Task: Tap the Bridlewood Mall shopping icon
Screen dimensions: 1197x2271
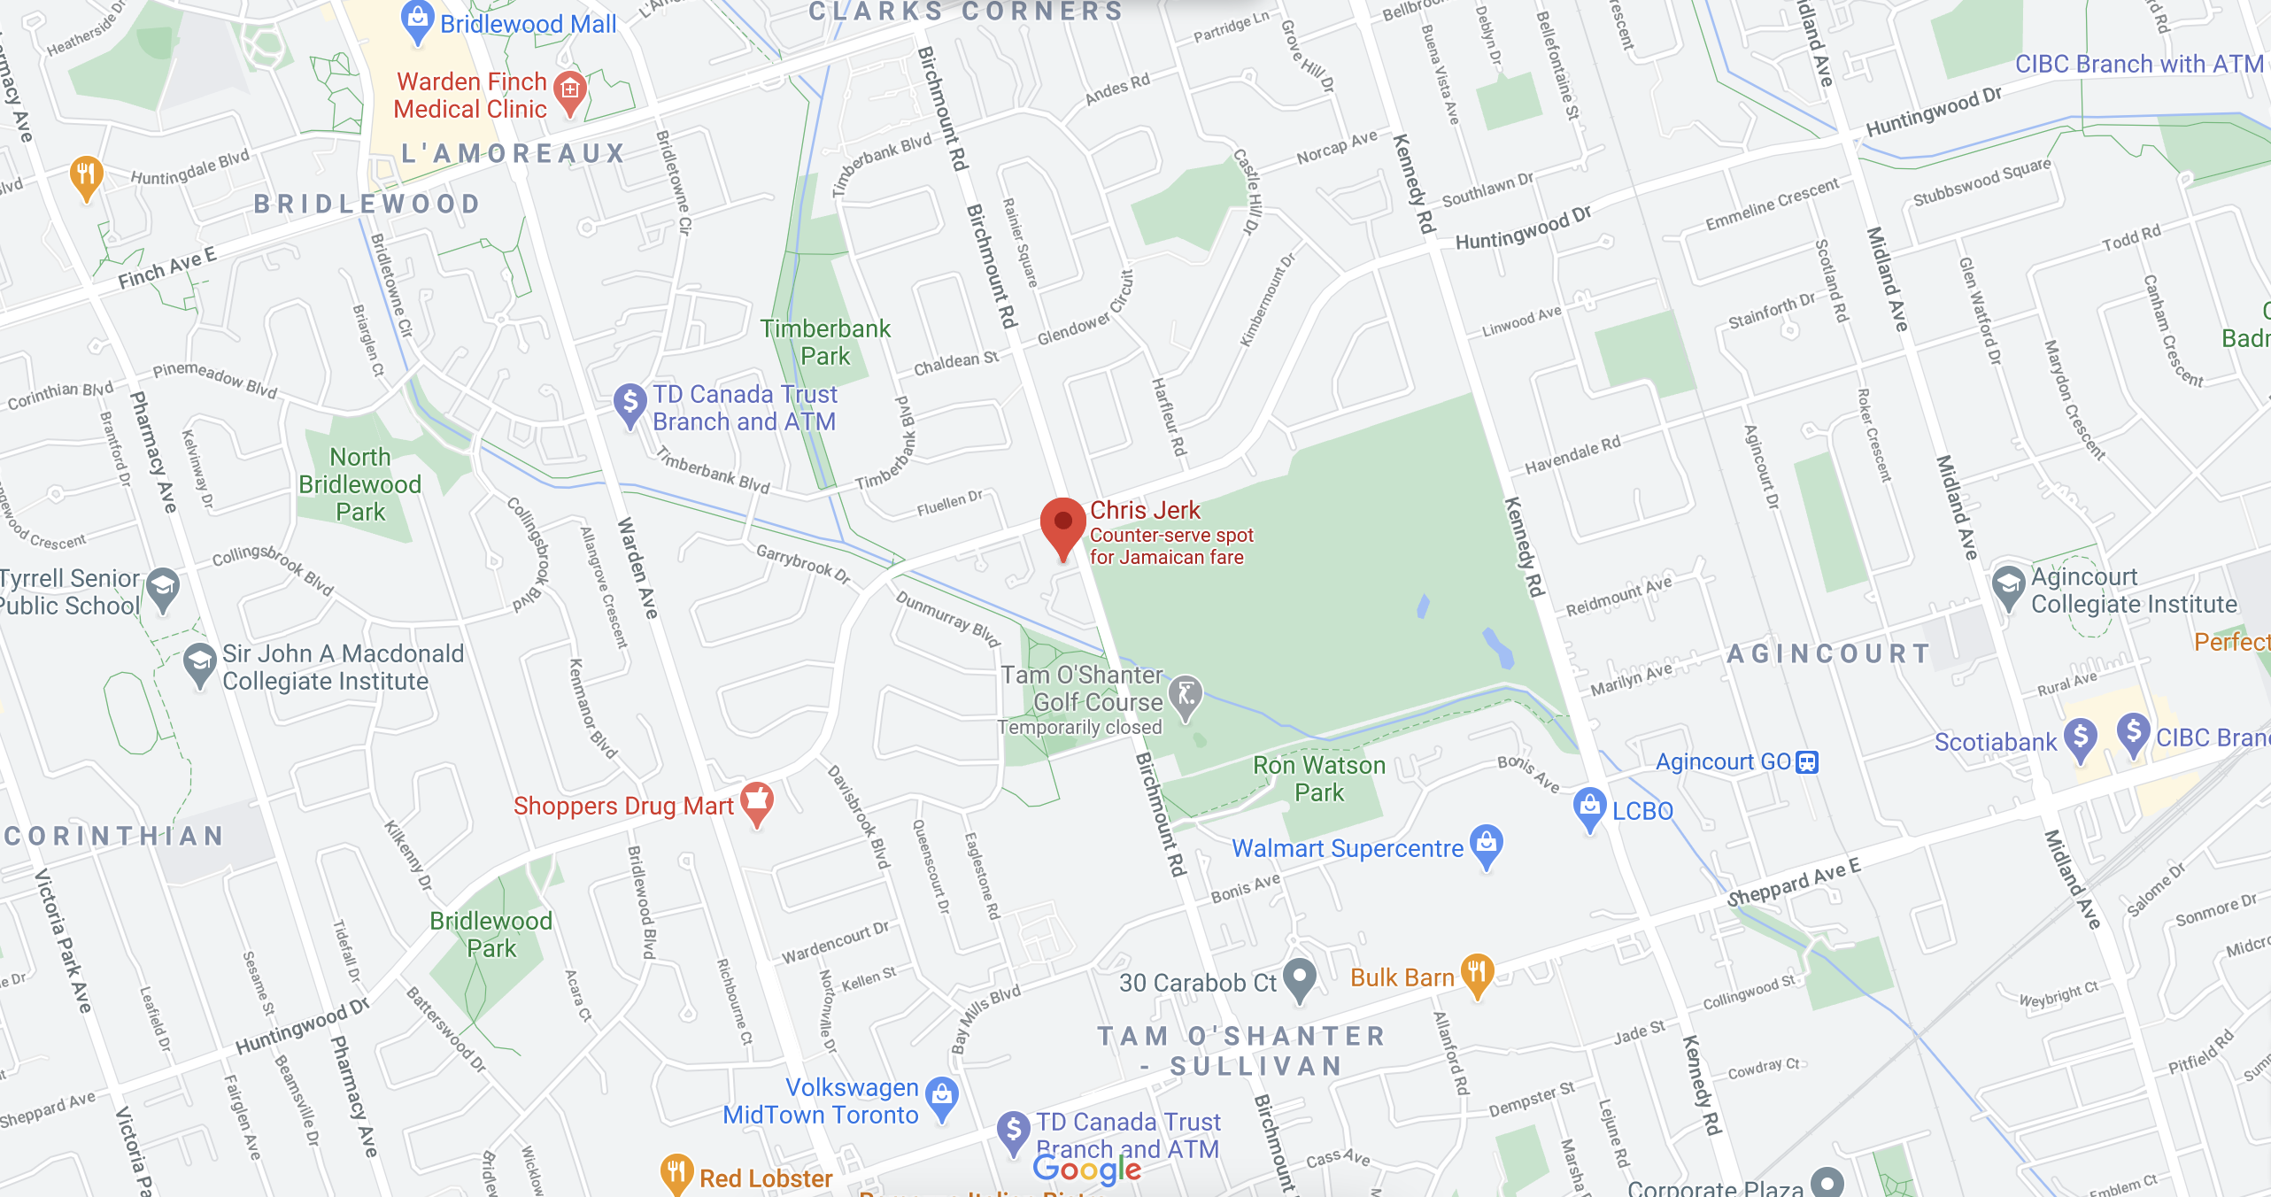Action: (x=417, y=19)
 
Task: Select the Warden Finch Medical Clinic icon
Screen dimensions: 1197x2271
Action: (x=570, y=90)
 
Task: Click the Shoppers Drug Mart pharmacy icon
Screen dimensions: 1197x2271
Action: (x=757, y=801)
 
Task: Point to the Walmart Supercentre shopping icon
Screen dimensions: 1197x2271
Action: (x=1487, y=845)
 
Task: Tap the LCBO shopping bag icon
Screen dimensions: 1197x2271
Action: (x=1589, y=807)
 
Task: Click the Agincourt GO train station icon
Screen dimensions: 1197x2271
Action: (x=1807, y=762)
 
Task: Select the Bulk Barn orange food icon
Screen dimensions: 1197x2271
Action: (x=1477, y=973)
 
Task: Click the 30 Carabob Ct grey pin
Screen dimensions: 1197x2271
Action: (x=1299, y=978)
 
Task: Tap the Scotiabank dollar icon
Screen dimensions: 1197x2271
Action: (x=2081, y=738)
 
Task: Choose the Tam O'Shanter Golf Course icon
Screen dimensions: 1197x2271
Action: (x=1186, y=696)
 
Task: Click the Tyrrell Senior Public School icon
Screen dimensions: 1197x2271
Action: (x=163, y=588)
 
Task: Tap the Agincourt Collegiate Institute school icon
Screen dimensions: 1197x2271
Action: (x=2008, y=585)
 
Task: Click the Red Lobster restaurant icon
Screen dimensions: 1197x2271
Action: (x=676, y=1172)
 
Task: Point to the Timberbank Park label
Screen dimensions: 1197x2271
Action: (x=825, y=343)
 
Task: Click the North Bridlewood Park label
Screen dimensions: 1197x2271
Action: (x=360, y=484)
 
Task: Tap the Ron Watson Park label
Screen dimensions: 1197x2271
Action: (x=1319, y=778)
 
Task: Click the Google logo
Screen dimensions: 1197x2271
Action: (x=1087, y=1170)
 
